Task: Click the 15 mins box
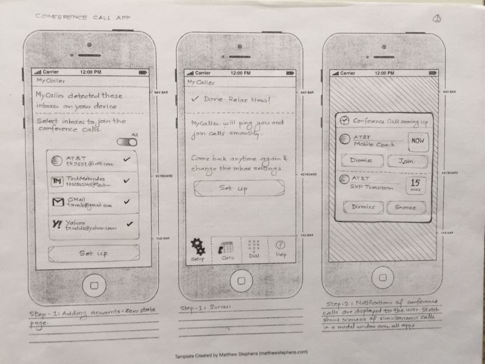tap(416, 184)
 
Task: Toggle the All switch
tap(128, 142)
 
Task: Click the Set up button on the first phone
tap(94, 252)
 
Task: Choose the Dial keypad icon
tap(254, 246)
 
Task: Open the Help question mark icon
tap(280, 245)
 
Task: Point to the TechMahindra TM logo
tap(56, 181)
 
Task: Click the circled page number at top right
tap(436, 19)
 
